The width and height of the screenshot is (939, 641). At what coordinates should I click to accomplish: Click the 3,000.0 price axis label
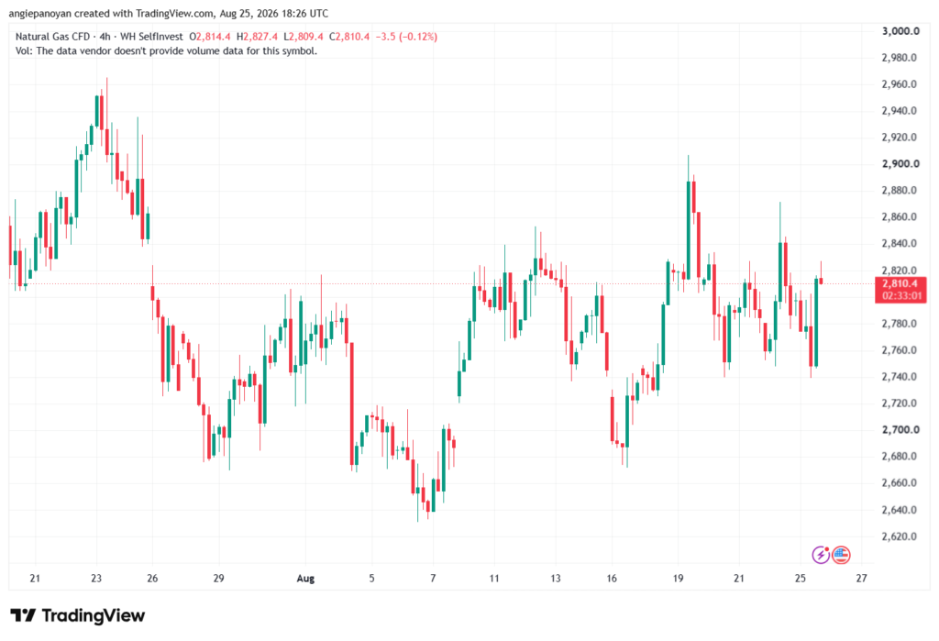900,31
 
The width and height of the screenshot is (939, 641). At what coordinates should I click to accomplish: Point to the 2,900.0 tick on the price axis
900,163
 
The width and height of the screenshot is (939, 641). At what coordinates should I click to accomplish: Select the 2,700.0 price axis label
900,429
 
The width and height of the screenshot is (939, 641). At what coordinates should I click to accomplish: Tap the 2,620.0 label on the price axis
900,536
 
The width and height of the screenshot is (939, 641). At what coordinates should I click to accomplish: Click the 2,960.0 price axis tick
900,83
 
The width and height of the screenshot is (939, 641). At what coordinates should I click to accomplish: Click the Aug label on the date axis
305,578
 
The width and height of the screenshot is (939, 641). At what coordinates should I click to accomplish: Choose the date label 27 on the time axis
861,578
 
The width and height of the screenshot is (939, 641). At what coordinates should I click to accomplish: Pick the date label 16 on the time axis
612,578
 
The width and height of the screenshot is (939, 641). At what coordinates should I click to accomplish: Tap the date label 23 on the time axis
96,578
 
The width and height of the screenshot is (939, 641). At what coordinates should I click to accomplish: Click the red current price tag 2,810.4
900,284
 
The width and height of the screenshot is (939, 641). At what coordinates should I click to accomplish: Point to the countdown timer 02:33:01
900,296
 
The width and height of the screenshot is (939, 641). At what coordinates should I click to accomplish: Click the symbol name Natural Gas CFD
52,37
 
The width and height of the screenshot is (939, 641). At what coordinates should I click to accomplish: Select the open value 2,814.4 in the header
213,37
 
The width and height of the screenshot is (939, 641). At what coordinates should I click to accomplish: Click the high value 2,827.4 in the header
260,37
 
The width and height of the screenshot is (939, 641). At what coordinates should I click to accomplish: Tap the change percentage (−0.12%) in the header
418,37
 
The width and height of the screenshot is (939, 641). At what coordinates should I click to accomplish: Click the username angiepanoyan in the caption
39,13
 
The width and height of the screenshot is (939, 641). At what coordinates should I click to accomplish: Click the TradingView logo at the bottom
78,615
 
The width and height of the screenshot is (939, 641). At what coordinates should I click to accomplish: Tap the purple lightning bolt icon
821,555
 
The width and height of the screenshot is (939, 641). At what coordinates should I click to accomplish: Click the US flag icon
841,555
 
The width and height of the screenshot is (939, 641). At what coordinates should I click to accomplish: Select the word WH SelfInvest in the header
151,37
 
